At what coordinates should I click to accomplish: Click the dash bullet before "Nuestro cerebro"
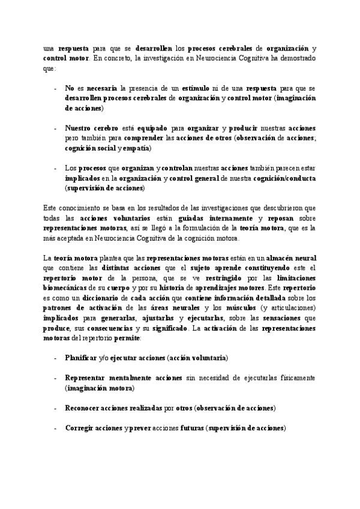point(56,129)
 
